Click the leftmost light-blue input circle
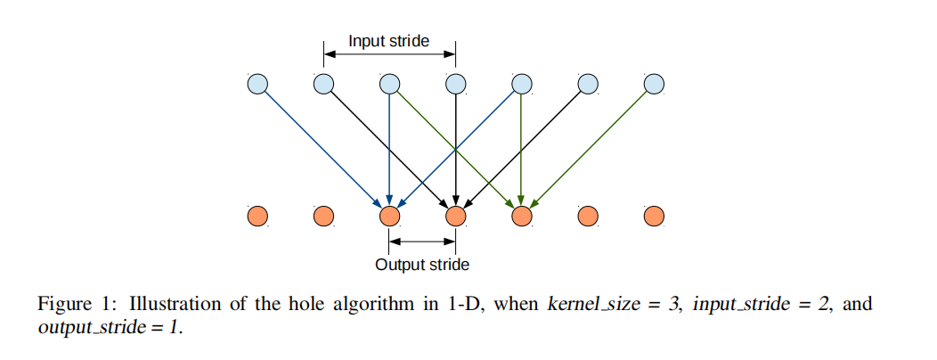(x=257, y=85)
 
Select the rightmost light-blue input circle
(x=654, y=85)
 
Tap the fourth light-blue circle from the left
(x=456, y=85)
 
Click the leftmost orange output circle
(x=257, y=216)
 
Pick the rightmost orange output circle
(x=654, y=216)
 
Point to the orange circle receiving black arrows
(x=456, y=216)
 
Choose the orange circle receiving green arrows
(x=522, y=216)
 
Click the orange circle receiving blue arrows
(x=390, y=216)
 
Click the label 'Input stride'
(x=388, y=41)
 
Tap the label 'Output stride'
(x=422, y=264)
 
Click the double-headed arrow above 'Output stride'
(x=422, y=241)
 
